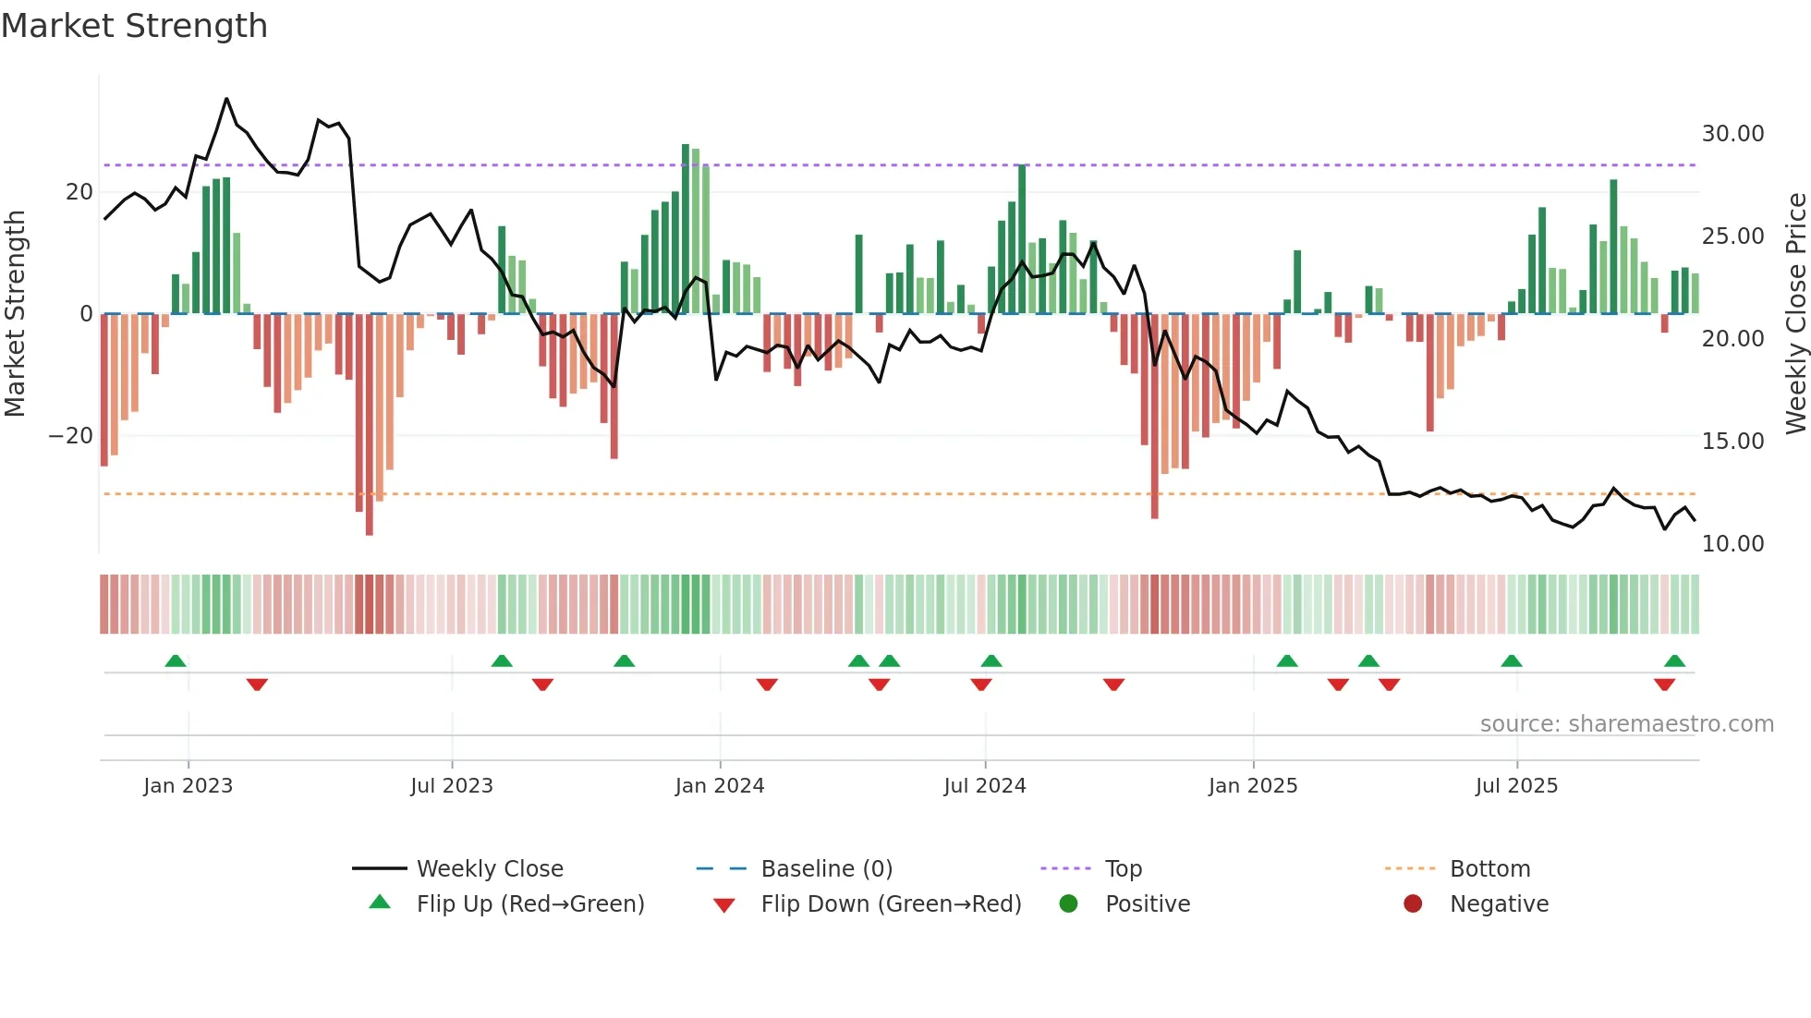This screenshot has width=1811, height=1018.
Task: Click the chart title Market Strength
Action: point(134,26)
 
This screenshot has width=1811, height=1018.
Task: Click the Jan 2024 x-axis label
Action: point(720,786)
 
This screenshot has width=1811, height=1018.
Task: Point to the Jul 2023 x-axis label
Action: point(452,786)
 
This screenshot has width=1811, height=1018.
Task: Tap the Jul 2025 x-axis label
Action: point(1516,786)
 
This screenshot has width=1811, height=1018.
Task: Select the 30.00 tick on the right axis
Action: point(1732,134)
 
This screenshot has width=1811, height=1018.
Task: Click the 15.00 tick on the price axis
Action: point(1732,442)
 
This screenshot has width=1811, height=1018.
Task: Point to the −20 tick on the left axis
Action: point(71,436)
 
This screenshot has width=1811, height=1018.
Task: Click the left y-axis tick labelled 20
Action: point(79,192)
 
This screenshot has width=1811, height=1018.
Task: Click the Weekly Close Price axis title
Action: point(1795,313)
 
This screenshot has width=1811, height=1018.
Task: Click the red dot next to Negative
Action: point(1413,903)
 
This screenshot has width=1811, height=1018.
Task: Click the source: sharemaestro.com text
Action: point(1626,724)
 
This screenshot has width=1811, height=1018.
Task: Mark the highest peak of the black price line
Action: point(226,99)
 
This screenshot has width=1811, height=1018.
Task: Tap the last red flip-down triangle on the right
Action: point(1664,685)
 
